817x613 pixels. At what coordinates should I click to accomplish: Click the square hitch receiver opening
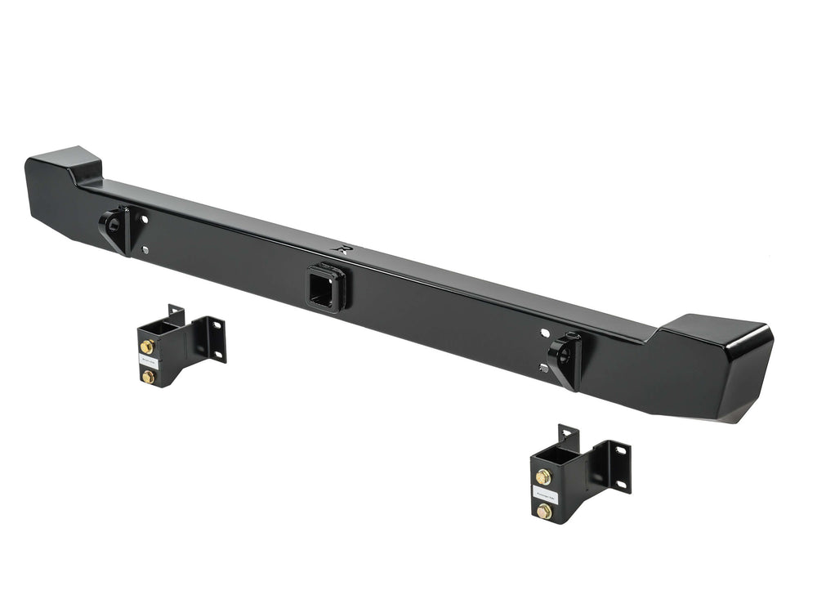pyautogui.click(x=321, y=289)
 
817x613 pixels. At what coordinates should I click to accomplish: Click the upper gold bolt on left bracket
pyautogui.click(x=148, y=347)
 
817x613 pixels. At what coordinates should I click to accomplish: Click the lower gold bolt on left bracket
pyautogui.click(x=149, y=376)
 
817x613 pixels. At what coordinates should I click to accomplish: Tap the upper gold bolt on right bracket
pyautogui.click(x=543, y=477)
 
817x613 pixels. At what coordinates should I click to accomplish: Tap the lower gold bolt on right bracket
pyautogui.click(x=543, y=511)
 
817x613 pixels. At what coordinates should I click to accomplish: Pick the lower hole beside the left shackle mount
pyautogui.click(x=145, y=250)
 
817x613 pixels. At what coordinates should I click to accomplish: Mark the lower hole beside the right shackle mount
pyautogui.click(x=542, y=369)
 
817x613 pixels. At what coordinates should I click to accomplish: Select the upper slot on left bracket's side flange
pyautogui.click(x=218, y=327)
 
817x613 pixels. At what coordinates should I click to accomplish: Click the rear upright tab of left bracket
pyautogui.click(x=175, y=315)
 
